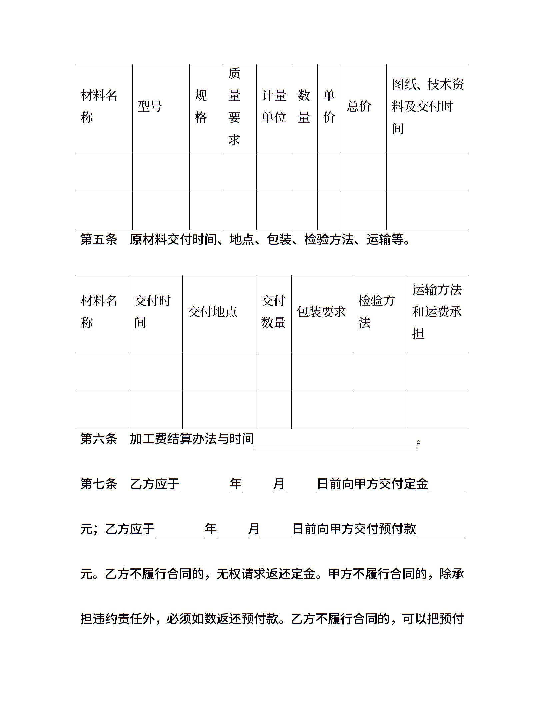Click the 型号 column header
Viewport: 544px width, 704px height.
[150, 107]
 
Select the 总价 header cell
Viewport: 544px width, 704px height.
[359, 107]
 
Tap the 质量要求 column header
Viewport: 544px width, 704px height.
[234, 107]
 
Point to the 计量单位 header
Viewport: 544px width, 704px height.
[274, 107]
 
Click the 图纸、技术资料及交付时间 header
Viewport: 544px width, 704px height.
[427, 107]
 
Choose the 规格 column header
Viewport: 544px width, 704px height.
[201, 107]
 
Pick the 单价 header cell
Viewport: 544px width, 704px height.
[329, 107]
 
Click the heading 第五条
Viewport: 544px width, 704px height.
[99, 240]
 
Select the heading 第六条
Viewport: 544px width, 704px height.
[99, 439]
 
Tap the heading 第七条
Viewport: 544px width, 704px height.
[99, 484]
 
